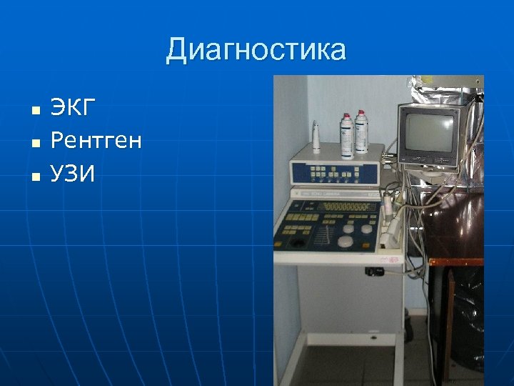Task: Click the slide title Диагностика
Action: click(x=256, y=51)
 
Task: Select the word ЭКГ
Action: click(x=72, y=109)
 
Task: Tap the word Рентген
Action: click(x=96, y=141)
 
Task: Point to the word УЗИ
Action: click(x=73, y=172)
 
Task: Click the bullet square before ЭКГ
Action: click(x=34, y=111)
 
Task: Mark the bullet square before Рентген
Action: click(x=34, y=142)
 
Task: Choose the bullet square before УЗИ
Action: click(x=34, y=174)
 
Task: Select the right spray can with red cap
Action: click(x=361, y=133)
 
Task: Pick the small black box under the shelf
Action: click(x=376, y=272)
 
